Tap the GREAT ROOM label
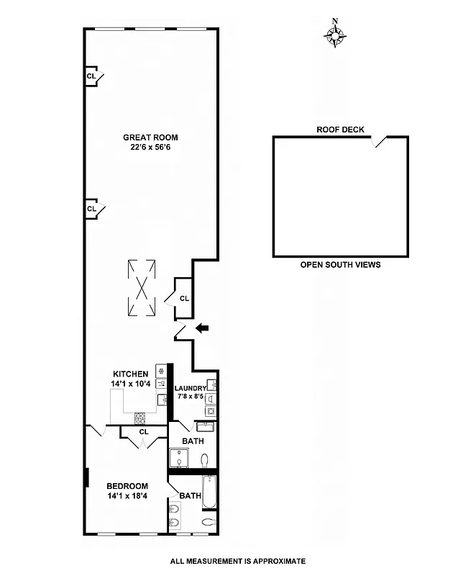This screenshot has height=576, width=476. tap(150, 138)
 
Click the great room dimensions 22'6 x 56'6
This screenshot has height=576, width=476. tap(150, 148)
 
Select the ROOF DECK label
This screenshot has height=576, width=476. tap(340, 130)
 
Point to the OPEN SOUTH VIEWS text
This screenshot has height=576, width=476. tap(340, 265)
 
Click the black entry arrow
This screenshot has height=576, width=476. tap(203, 328)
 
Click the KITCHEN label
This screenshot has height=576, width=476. tap(131, 374)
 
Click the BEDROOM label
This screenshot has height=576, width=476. tap(127, 486)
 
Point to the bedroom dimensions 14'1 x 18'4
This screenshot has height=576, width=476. tap(127, 496)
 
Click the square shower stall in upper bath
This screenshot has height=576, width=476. tap(179, 458)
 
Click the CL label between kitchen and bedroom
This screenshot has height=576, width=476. tap(144, 432)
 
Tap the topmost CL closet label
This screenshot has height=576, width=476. tap(91, 76)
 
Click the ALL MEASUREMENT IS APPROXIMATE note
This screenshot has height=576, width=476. tap(238, 561)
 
